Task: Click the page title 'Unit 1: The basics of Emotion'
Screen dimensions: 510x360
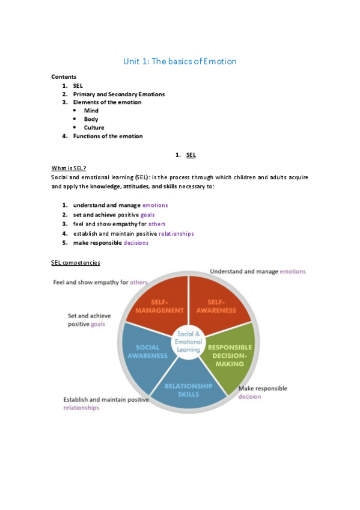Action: coord(180,61)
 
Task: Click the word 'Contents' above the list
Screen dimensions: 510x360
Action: coord(64,77)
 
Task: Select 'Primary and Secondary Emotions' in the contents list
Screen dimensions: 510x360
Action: coord(118,94)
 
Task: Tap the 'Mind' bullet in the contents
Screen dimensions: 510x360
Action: coord(91,111)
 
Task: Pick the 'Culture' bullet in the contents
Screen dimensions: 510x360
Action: coord(94,127)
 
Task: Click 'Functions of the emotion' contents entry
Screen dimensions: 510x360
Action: coord(108,136)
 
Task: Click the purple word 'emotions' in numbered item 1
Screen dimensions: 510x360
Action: coord(155,205)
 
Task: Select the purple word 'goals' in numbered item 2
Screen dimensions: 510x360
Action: coord(148,215)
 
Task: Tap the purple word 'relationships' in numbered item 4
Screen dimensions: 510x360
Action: coord(176,233)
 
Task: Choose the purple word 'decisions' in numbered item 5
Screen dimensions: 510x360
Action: coord(136,242)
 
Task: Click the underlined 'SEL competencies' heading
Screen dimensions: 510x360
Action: coord(76,263)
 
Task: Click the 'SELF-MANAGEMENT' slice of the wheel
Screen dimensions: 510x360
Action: coord(159,307)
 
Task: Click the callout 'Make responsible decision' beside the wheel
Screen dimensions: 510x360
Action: coord(263,392)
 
